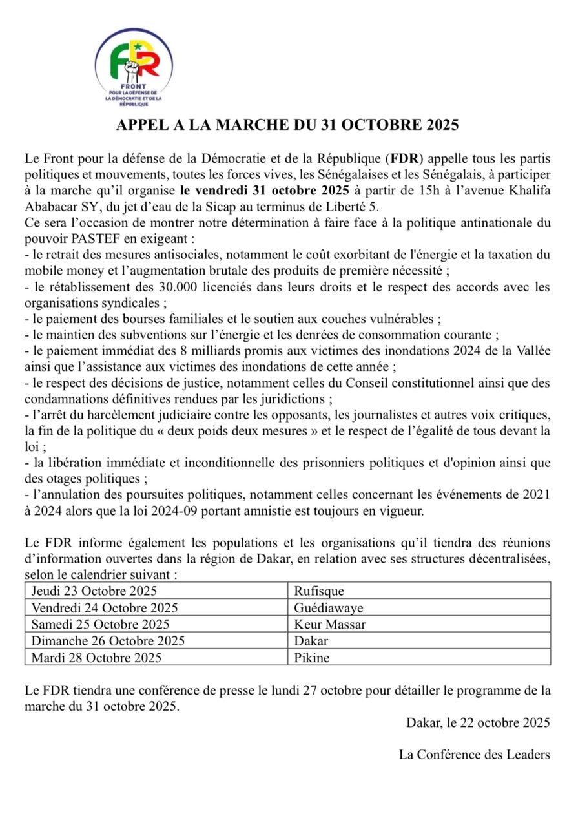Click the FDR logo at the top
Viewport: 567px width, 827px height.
click(x=134, y=67)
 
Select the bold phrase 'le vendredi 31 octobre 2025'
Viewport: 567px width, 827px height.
click(x=265, y=191)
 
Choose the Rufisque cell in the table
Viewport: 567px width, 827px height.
click(x=319, y=591)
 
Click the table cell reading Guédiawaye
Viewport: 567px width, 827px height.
click(x=328, y=607)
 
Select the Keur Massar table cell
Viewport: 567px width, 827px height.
click(x=329, y=624)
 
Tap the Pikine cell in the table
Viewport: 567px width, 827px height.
click(x=311, y=658)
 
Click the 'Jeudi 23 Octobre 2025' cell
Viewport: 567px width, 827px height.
click(x=94, y=591)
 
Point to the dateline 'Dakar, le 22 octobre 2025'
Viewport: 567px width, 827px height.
click(x=478, y=722)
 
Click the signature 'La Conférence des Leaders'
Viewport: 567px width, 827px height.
click(x=474, y=754)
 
